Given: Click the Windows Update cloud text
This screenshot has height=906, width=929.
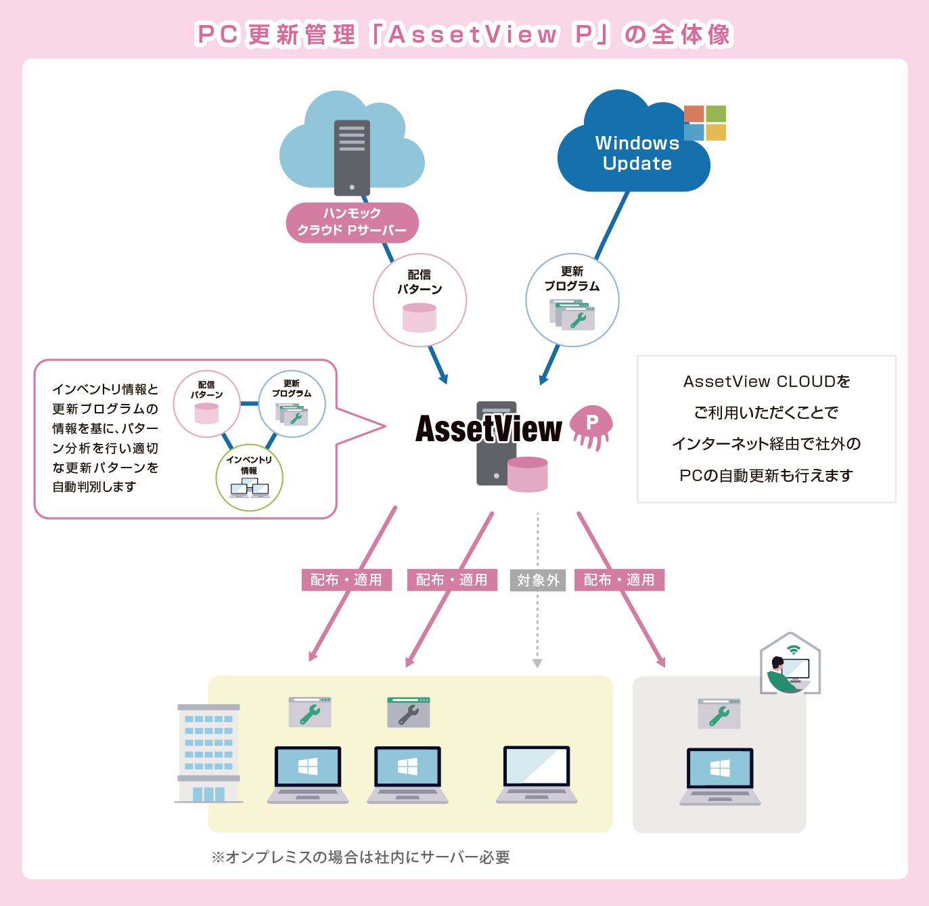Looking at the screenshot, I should point(637,154).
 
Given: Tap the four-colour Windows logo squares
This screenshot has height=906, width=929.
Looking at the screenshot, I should point(704,123).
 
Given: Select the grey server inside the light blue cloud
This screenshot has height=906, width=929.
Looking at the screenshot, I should point(352,158).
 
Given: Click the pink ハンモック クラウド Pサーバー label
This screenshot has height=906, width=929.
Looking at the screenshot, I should point(352,222).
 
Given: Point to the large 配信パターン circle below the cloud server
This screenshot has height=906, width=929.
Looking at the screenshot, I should point(420,300).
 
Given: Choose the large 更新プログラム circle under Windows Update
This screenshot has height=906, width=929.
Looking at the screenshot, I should point(572,300).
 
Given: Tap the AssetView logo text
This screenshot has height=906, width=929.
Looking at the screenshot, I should point(489,429).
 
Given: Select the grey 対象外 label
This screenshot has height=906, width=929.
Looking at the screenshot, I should point(538,580).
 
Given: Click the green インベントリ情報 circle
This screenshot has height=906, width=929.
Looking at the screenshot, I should point(249,477).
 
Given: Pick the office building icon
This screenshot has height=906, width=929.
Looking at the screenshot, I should point(208,753).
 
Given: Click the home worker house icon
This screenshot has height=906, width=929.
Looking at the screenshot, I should point(790,664).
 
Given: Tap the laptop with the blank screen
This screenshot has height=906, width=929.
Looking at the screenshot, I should point(537,774).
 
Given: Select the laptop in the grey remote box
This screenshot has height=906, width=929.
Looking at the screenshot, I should point(720,776).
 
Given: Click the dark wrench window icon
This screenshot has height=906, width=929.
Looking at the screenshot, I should point(408,712).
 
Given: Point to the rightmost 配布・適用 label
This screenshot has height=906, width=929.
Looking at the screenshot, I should point(619,580).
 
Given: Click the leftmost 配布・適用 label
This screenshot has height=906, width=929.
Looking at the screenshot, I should point(346,580).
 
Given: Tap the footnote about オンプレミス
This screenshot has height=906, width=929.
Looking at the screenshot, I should point(361,857).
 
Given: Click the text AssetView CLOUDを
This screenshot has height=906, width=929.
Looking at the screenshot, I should point(767,382).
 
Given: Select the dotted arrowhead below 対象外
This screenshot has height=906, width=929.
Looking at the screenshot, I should point(537,663).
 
